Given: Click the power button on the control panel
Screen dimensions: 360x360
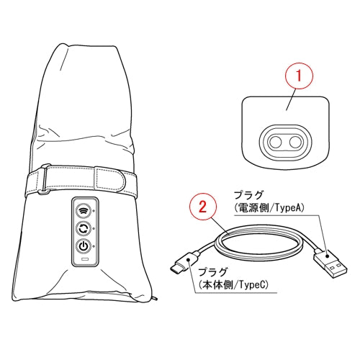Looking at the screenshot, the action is pyautogui.click(x=84, y=246).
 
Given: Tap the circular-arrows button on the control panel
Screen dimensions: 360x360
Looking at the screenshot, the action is pyautogui.click(x=84, y=228).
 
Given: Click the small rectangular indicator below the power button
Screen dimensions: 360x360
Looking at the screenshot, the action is pyautogui.click(x=85, y=259).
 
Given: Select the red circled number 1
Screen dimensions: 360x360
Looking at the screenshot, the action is pyautogui.click(x=299, y=76).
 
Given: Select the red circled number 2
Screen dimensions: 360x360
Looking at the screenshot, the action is pyautogui.click(x=203, y=207).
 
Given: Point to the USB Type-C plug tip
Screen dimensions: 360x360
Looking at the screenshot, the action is pyautogui.click(x=174, y=269).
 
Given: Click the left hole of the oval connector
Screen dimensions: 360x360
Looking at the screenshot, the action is pyautogui.click(x=275, y=143).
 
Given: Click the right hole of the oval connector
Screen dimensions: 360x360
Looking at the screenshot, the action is pyautogui.click(x=295, y=143).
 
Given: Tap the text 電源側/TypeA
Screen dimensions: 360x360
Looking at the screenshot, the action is pyautogui.click(x=269, y=208).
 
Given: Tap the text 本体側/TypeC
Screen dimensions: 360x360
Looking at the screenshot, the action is pyautogui.click(x=233, y=285).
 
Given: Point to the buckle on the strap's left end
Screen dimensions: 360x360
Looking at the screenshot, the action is pyautogui.click(x=44, y=179).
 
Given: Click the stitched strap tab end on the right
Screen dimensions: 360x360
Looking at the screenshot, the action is pyautogui.click(x=113, y=179).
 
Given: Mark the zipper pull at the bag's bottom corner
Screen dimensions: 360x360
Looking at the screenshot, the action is pyautogui.click(x=156, y=299).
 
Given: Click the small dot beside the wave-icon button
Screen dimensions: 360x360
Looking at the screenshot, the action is pyautogui.click(x=94, y=211).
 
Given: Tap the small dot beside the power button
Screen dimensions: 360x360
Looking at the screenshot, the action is pyautogui.click(x=94, y=246).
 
